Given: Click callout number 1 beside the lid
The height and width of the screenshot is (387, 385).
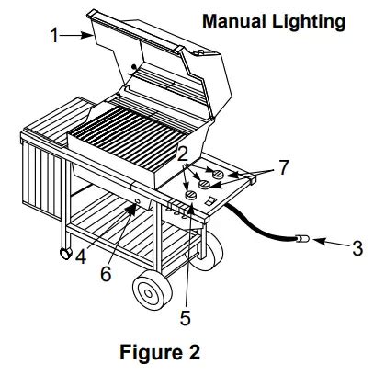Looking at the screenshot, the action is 54,35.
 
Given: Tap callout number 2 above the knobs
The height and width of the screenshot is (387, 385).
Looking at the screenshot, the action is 183,154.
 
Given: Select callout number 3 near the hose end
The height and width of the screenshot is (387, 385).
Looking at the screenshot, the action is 357,248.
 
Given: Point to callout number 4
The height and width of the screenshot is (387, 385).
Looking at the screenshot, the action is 81,257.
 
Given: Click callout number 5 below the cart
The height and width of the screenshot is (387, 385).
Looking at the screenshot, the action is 186,318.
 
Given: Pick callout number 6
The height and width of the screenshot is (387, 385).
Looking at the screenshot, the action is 106,274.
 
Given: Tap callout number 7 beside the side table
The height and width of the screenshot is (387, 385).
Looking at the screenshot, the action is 284,167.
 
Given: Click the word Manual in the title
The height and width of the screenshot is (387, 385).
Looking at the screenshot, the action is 234,22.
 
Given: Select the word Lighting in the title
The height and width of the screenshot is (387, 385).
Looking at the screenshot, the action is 309,23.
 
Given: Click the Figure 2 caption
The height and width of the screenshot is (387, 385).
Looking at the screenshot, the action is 160,352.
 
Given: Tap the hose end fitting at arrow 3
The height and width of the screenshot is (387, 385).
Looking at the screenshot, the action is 302,238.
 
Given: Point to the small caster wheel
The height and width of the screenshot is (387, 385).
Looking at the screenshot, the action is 65,254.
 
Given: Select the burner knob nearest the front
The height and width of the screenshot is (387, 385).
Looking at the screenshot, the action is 191,195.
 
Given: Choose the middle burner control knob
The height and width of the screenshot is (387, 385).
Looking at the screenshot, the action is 204,184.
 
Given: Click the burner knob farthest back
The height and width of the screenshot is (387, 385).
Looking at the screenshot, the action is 219,174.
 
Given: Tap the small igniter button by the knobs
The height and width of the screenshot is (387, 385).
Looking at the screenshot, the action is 210,201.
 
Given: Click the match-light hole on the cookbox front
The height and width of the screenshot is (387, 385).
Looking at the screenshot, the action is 137,201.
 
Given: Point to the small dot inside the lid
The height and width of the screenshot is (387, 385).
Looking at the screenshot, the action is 133,66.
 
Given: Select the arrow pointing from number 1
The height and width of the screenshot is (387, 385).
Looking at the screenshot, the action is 76,36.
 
